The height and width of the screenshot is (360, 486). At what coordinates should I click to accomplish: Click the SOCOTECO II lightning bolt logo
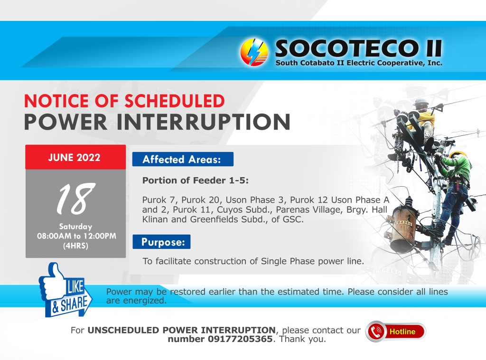click(254, 52)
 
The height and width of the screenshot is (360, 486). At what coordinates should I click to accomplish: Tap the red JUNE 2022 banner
click(75, 157)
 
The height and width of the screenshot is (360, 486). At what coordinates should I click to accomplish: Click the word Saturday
click(75, 227)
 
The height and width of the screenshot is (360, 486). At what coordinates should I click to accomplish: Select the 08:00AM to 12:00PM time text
click(76, 236)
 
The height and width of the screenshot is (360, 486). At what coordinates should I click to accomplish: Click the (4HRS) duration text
click(75, 246)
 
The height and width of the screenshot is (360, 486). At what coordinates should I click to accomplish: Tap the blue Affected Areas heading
click(183, 160)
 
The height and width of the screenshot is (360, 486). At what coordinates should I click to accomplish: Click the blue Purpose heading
click(161, 242)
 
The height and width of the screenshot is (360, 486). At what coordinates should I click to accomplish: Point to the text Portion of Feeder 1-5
click(195, 180)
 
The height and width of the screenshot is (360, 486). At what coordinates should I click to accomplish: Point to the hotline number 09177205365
click(240, 339)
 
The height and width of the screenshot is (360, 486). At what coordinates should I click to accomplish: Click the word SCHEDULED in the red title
click(175, 101)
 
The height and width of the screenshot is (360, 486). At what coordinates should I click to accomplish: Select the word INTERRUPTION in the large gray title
click(203, 122)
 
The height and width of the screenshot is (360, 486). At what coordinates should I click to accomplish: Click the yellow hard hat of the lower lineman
click(458, 154)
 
